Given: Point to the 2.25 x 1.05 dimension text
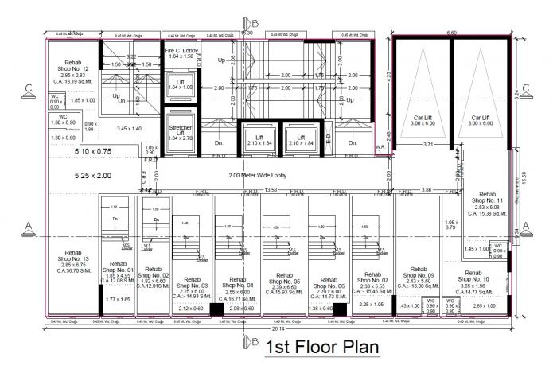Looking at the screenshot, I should [372, 305].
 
